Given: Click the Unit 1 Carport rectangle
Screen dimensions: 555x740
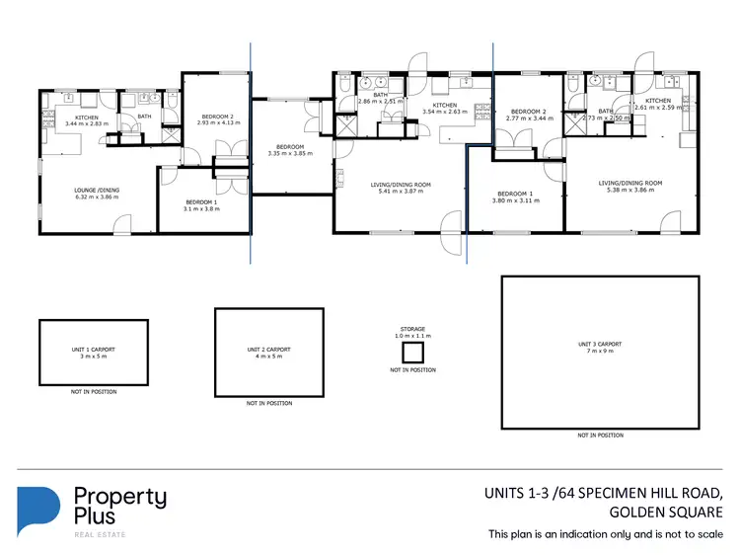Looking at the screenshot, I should pyautogui.click(x=93, y=353).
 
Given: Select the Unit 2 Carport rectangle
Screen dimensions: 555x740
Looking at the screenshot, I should pyautogui.click(x=269, y=353).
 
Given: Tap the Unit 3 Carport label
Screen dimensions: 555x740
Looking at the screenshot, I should pyautogui.click(x=600, y=348).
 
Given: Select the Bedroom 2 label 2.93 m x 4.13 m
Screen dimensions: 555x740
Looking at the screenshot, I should pyautogui.click(x=212, y=119).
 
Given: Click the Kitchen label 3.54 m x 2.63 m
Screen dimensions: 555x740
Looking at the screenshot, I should pyautogui.click(x=445, y=109).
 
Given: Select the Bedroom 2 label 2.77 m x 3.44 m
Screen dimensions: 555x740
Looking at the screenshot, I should pyautogui.click(x=526, y=115).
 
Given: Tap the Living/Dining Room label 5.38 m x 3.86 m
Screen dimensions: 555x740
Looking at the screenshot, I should pyautogui.click(x=629, y=187).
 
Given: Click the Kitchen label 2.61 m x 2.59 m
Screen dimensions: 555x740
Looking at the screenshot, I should pyautogui.click(x=658, y=104).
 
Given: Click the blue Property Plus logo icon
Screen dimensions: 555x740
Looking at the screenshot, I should pyautogui.click(x=38, y=511).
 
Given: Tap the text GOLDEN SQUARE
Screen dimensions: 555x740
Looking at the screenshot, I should pyautogui.click(x=666, y=512).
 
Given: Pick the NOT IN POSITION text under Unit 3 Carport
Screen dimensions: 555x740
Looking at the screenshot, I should pyautogui.click(x=600, y=436).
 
